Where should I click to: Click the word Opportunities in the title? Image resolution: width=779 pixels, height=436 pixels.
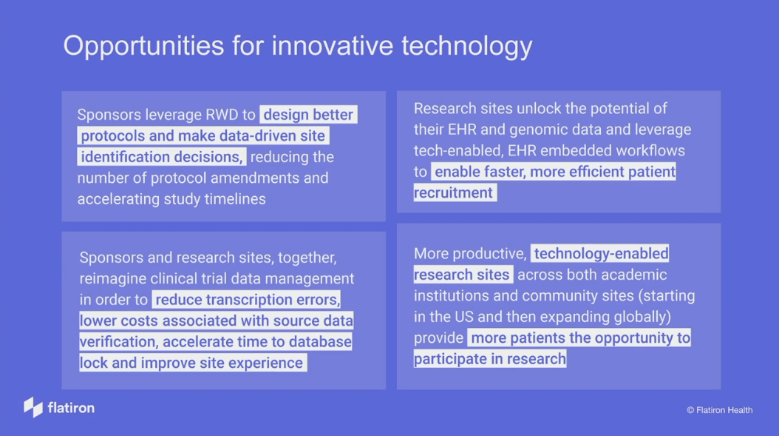143,47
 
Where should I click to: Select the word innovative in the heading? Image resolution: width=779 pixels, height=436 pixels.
333,45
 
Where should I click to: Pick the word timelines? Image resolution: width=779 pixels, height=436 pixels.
235,199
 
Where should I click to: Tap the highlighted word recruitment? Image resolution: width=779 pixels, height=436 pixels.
453,192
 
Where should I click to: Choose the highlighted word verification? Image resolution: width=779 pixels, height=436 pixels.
118,342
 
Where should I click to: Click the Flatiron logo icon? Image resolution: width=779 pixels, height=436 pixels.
33,407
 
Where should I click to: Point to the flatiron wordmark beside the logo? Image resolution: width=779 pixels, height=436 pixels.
71,408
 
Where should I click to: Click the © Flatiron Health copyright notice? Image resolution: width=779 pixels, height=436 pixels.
719,410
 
